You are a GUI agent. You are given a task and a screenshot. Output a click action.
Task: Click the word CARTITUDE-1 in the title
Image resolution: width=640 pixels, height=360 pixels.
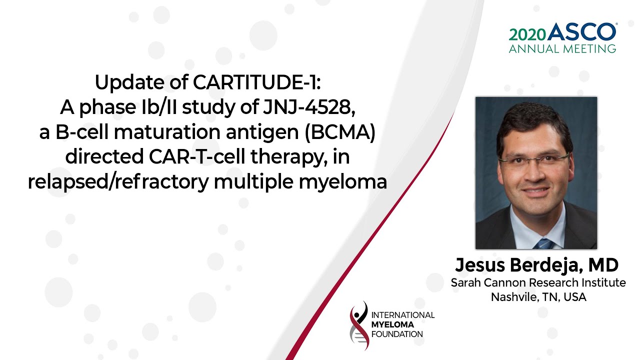[x=256, y=82]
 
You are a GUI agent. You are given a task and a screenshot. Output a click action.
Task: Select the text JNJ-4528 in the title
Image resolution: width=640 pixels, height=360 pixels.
[x=309, y=107]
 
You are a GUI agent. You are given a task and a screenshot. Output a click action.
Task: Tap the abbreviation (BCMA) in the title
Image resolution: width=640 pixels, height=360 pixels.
[x=340, y=132]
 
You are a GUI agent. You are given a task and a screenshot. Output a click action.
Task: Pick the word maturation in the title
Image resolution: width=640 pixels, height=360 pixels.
[x=167, y=132]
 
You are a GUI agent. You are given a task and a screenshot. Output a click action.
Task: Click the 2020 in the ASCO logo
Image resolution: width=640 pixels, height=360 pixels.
[x=527, y=35]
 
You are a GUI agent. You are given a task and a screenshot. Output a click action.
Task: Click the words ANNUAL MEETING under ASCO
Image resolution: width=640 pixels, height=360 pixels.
[x=562, y=49]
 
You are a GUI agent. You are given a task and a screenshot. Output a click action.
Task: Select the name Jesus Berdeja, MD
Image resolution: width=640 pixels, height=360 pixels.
[x=537, y=265]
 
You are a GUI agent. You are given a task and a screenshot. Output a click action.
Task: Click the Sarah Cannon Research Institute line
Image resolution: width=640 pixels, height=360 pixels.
[x=538, y=282]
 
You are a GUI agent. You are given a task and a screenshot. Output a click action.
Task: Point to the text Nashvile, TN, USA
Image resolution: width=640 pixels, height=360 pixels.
[x=538, y=297]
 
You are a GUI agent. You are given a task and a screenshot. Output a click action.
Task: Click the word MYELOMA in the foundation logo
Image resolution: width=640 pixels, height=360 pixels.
[x=392, y=324]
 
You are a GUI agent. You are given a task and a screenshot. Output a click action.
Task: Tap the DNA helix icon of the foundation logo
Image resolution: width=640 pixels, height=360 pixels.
[x=359, y=325]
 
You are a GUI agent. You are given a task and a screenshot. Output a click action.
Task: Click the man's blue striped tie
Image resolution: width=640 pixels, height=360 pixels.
[x=543, y=243]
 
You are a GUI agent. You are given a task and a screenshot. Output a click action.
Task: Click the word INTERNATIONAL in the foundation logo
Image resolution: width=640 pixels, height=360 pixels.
[x=403, y=315]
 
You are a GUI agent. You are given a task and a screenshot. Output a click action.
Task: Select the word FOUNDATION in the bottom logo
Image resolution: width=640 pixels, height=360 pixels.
[x=397, y=334]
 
